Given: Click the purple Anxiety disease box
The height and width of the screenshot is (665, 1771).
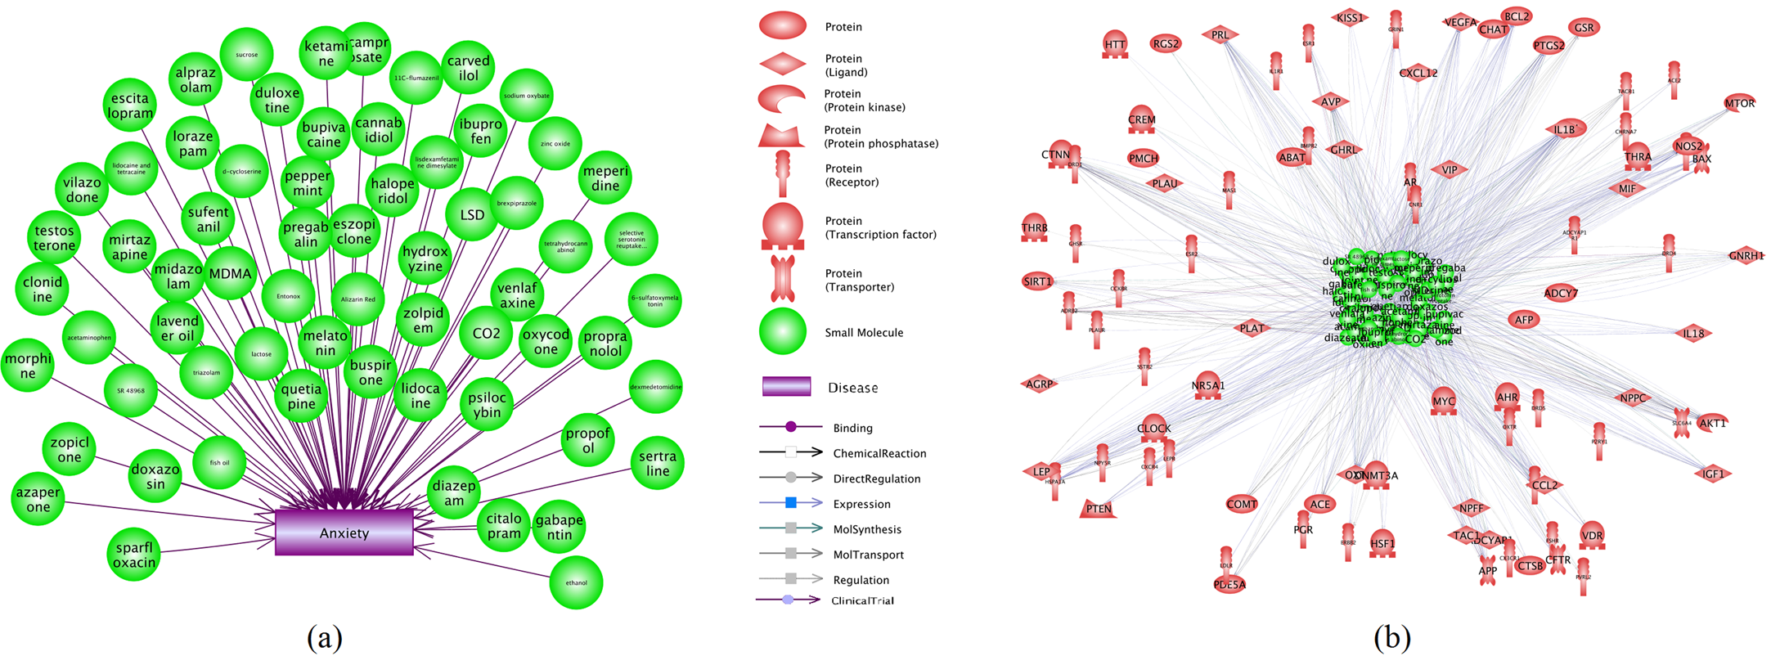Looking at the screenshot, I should tap(344, 532).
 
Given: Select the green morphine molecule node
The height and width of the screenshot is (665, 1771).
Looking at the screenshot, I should tap(28, 366).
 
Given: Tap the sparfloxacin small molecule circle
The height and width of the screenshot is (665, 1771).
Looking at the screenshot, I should tap(134, 555).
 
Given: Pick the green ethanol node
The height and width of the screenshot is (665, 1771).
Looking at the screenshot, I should tap(576, 582).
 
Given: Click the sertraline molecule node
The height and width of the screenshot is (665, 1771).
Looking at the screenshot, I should tap(657, 463).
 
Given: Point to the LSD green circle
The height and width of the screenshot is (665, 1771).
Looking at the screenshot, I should tap(472, 215).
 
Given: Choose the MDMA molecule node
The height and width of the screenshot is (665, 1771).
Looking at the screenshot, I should tap(230, 274).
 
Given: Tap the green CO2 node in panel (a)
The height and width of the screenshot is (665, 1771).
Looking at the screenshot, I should tap(486, 334).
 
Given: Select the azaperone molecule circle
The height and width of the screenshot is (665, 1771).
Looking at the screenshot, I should tap(38, 499).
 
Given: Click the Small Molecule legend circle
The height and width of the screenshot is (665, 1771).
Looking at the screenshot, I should tap(783, 332).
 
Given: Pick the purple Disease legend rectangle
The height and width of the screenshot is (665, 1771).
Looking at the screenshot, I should tap(786, 387).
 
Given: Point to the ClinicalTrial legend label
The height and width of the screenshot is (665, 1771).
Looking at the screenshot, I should tap(862, 600).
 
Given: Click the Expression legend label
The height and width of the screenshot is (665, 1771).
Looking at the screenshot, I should tap(861, 504).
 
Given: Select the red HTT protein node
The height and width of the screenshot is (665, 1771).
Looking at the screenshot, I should tap(1114, 46).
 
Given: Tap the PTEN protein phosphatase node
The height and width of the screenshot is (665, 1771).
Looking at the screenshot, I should tap(1098, 509).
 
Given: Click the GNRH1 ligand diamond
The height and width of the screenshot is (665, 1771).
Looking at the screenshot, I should tap(1746, 256).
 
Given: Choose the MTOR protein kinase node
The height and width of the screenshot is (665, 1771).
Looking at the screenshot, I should tap(1738, 104).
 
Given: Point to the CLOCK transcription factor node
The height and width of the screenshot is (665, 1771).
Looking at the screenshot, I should tap(1153, 429).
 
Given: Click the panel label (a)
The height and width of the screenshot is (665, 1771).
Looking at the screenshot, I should tap(324, 636).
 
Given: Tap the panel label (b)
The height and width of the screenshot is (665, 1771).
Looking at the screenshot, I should tap(1391, 636).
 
